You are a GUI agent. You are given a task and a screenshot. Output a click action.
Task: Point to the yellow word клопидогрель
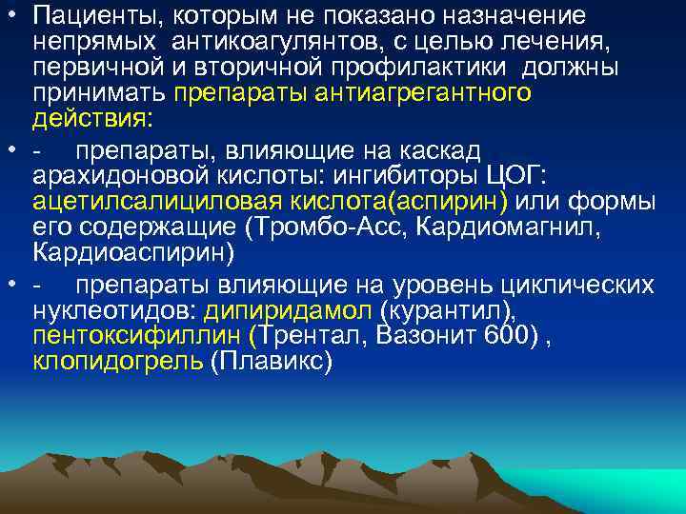[117, 362]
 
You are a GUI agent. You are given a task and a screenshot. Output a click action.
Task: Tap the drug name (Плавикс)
[271, 362]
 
